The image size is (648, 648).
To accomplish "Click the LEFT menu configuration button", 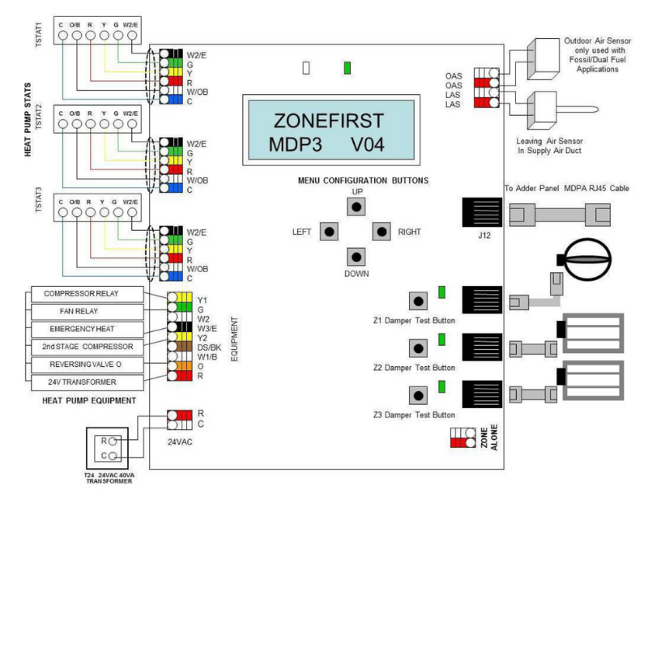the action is pos(329,232).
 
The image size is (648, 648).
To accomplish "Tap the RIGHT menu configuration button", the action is pos(382,232).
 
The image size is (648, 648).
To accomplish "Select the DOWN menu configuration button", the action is pos(356,257).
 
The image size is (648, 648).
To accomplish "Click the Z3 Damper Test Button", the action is pos(418,395).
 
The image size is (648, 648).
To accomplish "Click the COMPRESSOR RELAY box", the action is pos(87,294).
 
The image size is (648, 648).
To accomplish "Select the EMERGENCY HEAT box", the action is pos(87,330).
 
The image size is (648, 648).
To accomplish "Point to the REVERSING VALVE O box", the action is pos(87,364).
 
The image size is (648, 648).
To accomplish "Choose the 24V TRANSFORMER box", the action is pos(87,382).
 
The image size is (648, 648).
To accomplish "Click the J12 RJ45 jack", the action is pos(482,212).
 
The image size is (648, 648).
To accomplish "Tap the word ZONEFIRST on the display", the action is pos(329,121).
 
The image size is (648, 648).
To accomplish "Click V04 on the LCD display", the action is pos(368,145).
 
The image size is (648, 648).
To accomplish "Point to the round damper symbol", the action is pos(587,259).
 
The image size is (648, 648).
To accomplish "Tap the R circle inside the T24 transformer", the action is pos(113,441).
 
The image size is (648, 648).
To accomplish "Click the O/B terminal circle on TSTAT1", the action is pos(77,36).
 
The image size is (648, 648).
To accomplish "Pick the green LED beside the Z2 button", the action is pos(441,339).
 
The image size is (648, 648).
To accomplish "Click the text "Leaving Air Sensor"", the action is pos(549,141).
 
